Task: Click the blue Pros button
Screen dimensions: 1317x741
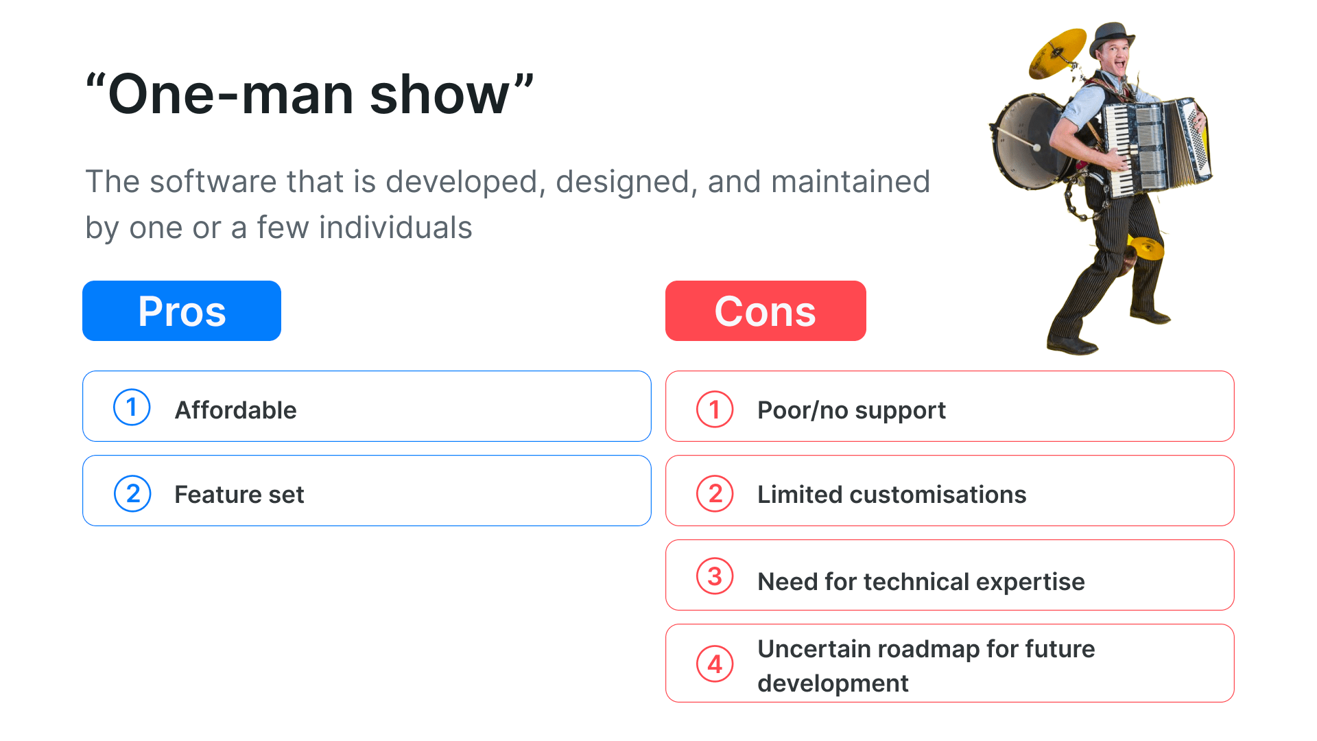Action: tap(182, 311)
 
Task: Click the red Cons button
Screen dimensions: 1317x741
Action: tap(766, 311)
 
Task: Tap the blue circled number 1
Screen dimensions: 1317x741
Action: tap(132, 408)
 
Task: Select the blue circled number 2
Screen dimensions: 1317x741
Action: tap(132, 493)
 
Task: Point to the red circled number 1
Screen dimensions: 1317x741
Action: tap(715, 409)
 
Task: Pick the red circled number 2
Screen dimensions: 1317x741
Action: tap(715, 493)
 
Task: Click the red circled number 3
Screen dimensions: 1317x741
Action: tap(715, 576)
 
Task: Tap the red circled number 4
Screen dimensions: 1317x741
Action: tap(715, 663)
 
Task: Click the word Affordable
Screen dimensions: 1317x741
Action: tap(236, 410)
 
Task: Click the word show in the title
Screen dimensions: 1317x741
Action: tap(439, 95)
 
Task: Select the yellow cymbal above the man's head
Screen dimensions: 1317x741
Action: tap(1056, 53)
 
